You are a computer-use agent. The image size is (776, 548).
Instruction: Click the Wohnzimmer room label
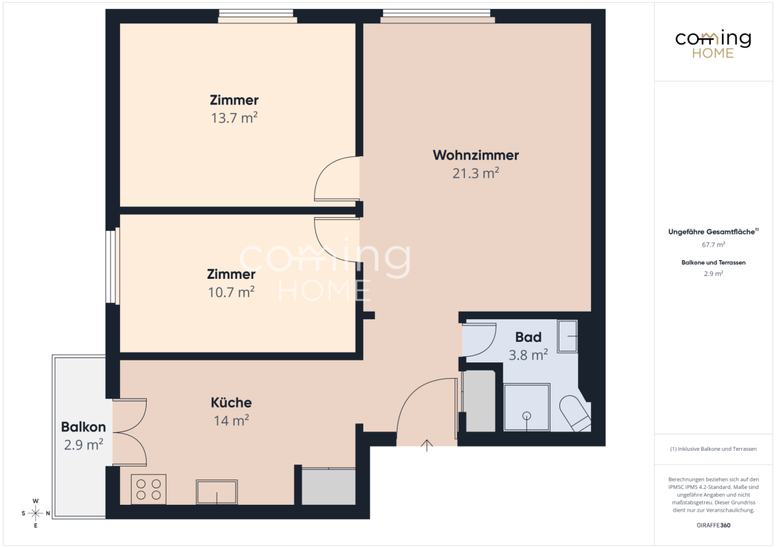click(x=476, y=155)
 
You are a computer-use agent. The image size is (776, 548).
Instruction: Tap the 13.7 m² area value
click(x=234, y=118)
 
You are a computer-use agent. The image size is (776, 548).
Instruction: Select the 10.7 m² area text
click(x=231, y=292)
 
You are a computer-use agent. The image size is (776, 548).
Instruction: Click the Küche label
click(x=231, y=402)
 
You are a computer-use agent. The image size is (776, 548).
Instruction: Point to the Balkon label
click(x=83, y=426)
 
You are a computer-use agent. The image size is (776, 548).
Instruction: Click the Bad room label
click(x=528, y=337)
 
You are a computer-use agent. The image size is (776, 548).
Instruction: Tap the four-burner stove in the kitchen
click(x=149, y=489)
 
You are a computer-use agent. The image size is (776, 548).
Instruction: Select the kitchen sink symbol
click(x=217, y=492)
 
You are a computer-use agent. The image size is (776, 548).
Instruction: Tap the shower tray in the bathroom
click(x=526, y=408)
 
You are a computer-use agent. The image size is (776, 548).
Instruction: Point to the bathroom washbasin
click(x=568, y=336)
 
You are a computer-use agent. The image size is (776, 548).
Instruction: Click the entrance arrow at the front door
click(x=426, y=445)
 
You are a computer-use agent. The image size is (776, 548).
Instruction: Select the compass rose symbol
click(x=36, y=513)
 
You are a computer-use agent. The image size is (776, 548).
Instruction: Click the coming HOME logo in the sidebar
click(x=713, y=45)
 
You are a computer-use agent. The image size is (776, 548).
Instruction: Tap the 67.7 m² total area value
click(x=713, y=245)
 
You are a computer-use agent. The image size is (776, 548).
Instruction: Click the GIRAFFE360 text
click(x=713, y=525)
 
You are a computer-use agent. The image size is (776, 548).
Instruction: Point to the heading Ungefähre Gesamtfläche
click(x=713, y=232)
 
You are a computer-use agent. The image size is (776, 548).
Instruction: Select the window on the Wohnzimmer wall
click(x=437, y=16)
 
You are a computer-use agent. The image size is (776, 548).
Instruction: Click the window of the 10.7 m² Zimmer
click(x=112, y=266)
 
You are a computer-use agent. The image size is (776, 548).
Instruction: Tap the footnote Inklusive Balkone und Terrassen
click(x=713, y=449)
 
